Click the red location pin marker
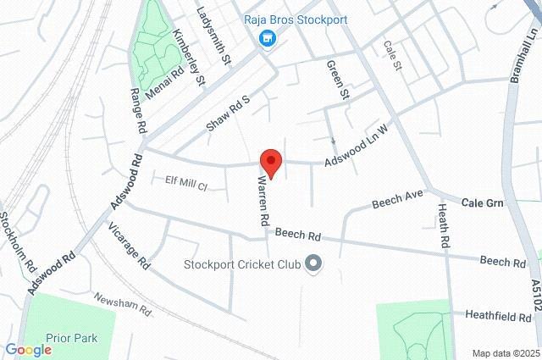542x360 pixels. click(x=270, y=161)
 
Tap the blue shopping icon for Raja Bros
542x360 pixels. click(x=268, y=39)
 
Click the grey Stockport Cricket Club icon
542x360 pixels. click(x=314, y=264)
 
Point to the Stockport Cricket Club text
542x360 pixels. click(x=242, y=264)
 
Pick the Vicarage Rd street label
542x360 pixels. click(x=129, y=245)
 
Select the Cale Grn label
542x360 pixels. click(x=483, y=203)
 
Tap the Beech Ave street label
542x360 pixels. click(x=397, y=200)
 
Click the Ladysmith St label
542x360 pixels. click(x=214, y=36)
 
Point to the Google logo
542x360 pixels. click(x=28, y=350)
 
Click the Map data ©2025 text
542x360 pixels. click(x=505, y=353)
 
